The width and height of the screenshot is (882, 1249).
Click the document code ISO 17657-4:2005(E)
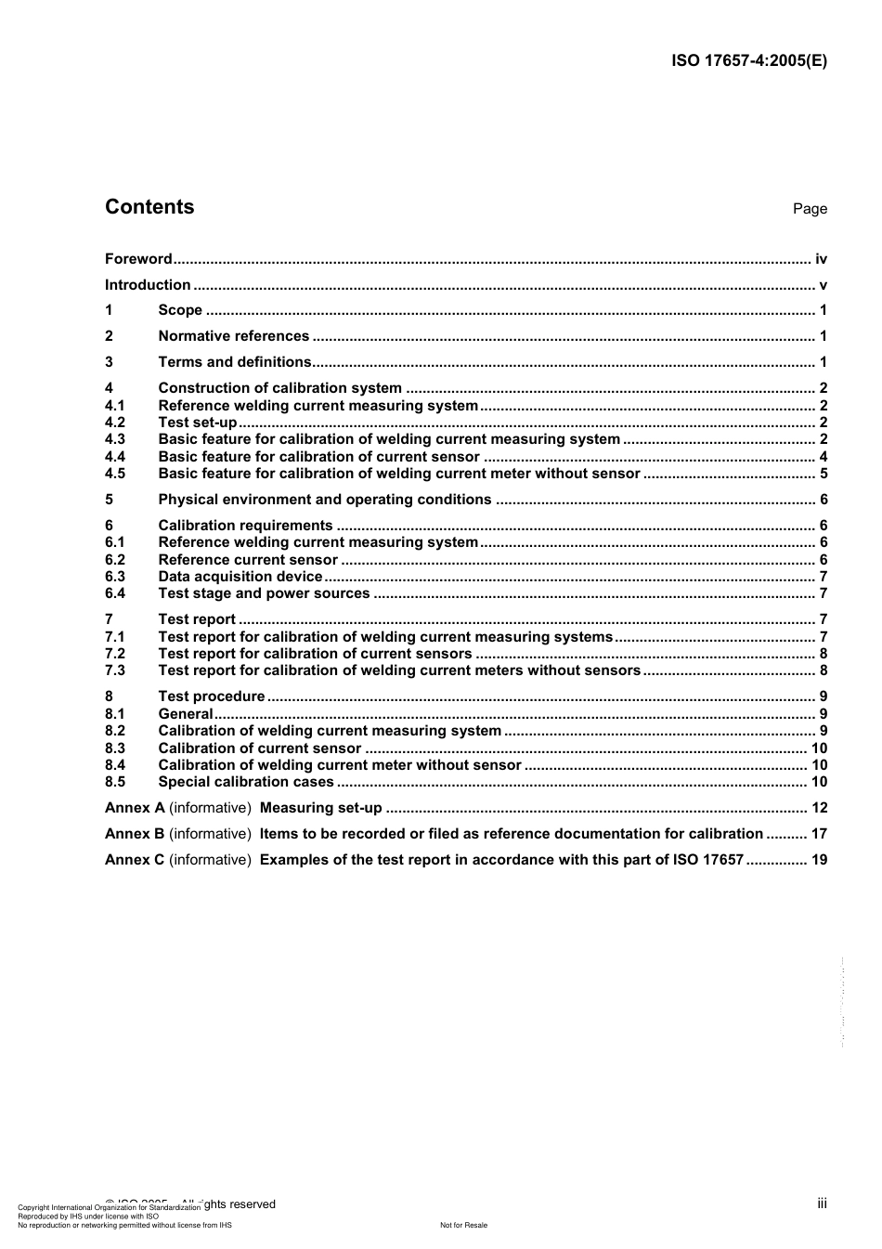(x=748, y=61)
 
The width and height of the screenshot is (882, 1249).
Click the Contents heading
(x=149, y=207)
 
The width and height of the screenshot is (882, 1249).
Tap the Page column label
(x=810, y=209)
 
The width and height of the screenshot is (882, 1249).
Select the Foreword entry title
(x=138, y=259)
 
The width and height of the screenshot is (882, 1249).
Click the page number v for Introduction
(x=823, y=285)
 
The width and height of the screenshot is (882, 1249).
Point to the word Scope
(x=180, y=310)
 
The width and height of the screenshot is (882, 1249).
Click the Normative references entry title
(x=233, y=336)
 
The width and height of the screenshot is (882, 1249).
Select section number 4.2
(x=115, y=423)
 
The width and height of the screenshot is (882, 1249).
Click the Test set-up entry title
(x=198, y=423)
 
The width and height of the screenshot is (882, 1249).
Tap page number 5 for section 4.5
(x=824, y=474)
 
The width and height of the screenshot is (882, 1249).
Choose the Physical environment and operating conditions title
(x=325, y=500)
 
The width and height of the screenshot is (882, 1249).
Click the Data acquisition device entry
(x=240, y=577)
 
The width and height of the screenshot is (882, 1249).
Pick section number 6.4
(x=115, y=593)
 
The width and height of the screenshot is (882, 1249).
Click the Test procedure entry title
(x=212, y=696)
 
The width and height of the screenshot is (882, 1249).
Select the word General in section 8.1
(x=186, y=714)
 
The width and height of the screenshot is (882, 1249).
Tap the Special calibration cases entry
(x=246, y=782)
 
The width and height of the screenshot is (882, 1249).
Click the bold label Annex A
(x=135, y=808)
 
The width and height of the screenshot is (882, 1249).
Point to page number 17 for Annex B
(x=819, y=834)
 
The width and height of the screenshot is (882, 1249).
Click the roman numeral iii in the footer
(x=822, y=1203)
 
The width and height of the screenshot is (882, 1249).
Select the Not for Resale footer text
(x=463, y=1225)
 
